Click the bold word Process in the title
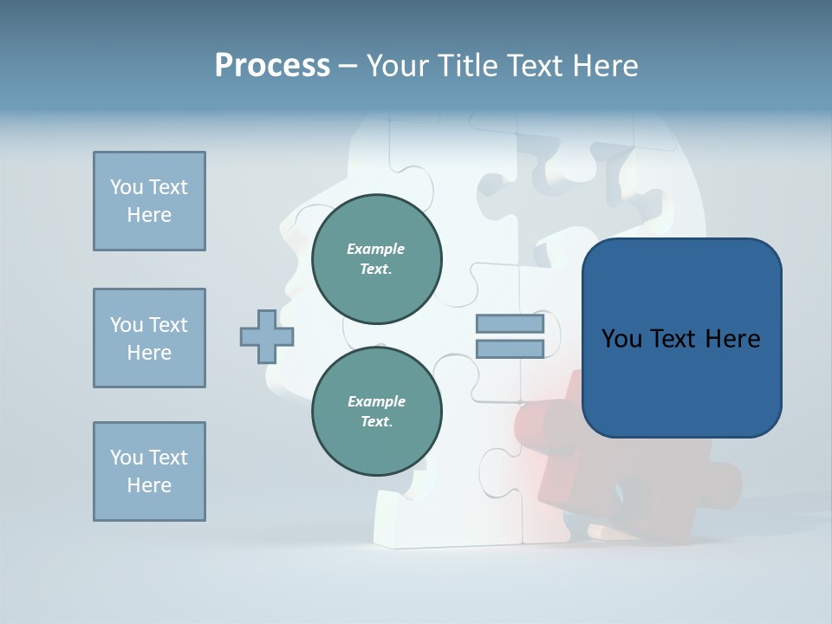(x=272, y=66)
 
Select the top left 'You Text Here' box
(x=149, y=201)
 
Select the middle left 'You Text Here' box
(x=149, y=338)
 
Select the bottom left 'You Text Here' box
(x=149, y=471)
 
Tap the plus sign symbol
(x=267, y=336)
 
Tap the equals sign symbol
(x=510, y=336)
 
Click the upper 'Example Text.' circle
(x=376, y=259)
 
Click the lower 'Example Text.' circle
(x=376, y=412)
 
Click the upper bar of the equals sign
(x=510, y=324)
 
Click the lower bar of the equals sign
(x=510, y=349)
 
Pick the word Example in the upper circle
(x=376, y=249)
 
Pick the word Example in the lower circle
(x=376, y=401)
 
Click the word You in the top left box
(x=126, y=187)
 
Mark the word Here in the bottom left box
(x=149, y=485)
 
